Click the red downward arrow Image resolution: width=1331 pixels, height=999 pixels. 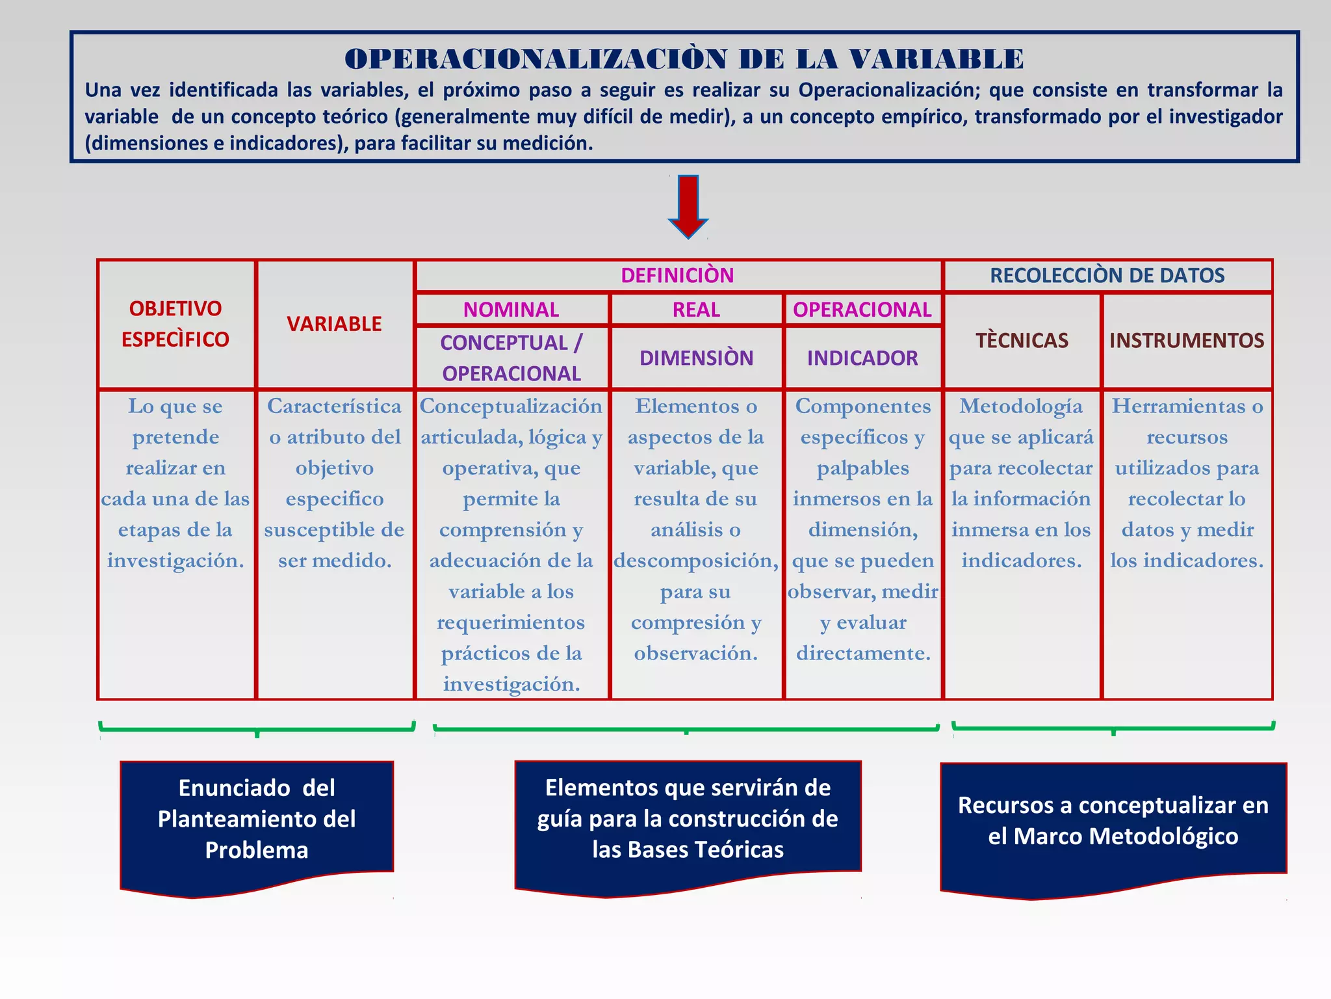tap(688, 206)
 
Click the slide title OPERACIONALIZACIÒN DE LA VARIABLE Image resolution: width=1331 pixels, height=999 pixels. tap(684, 59)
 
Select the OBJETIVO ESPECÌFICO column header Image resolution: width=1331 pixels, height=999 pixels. tap(175, 324)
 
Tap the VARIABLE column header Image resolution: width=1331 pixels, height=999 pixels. tap(334, 324)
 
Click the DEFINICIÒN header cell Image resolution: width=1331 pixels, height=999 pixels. tap(677, 276)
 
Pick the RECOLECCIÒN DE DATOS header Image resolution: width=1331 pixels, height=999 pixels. tap(1107, 276)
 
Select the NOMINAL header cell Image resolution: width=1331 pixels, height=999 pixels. tap(511, 310)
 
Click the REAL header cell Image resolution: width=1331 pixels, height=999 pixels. tap(696, 310)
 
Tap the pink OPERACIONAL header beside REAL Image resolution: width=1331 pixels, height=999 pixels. tap(862, 310)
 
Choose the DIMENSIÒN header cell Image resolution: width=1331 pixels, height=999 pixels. tap(696, 358)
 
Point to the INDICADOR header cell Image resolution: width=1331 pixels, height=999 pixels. tap(862, 358)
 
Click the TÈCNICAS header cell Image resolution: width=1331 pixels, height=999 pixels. tap(1022, 340)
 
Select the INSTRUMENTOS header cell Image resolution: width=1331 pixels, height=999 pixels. tap(1187, 340)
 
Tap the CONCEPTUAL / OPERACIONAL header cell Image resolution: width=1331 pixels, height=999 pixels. tap(511, 358)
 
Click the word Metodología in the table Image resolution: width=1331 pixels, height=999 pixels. tap(1021, 406)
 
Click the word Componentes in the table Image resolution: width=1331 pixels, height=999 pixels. tap(862, 406)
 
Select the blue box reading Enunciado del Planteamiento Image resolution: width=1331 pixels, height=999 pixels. tap(257, 819)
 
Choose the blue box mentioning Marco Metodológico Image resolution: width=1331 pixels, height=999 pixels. tap(1113, 821)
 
